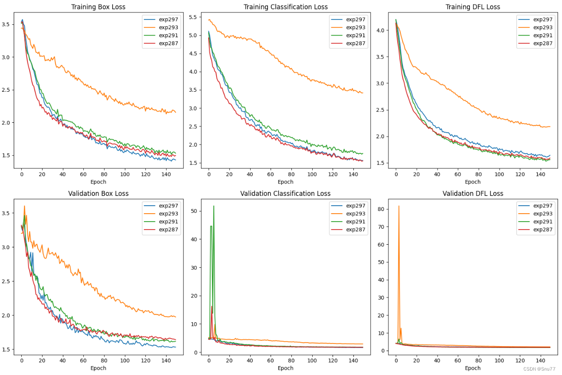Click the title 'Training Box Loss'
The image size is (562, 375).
pos(98,7)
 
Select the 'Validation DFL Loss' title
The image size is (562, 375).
pos(473,193)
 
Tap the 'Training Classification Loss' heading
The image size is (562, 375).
pos(286,7)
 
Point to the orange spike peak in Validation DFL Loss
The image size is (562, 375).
pos(399,206)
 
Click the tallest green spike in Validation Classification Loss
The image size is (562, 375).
pos(214,206)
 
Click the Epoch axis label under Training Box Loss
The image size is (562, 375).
pos(98,182)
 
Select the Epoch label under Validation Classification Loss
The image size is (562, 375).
pos(286,368)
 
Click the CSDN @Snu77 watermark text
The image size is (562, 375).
pos(539,369)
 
